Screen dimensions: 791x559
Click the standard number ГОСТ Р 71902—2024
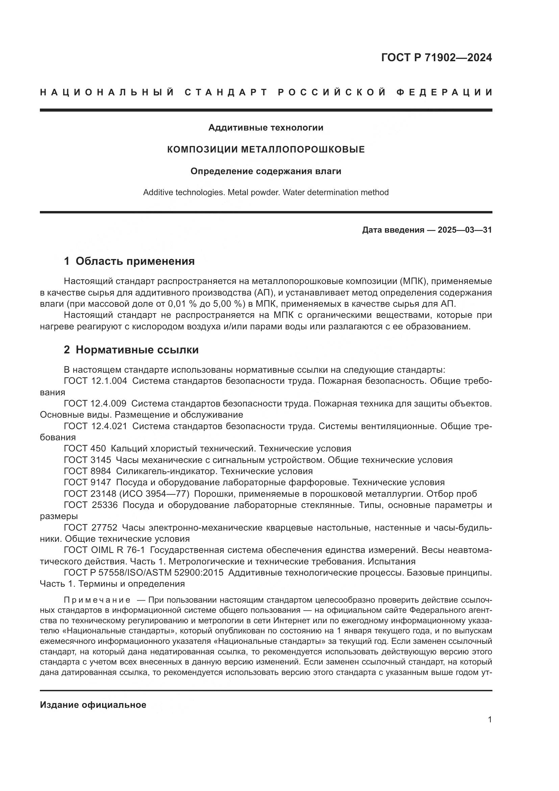point(436,57)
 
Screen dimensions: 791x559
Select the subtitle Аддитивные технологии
point(266,128)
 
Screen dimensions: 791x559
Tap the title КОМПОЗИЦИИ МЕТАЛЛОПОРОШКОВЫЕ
point(266,149)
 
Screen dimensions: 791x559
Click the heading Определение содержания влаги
point(266,171)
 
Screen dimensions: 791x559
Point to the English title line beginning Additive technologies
point(266,192)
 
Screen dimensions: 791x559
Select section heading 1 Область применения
point(129,261)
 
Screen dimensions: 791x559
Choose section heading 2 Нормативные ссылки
point(131,350)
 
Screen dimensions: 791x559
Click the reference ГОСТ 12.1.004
point(95,381)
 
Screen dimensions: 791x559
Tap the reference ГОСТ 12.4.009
point(95,403)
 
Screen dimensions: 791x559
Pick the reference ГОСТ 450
point(85,448)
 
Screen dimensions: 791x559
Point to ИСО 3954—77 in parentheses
point(154,494)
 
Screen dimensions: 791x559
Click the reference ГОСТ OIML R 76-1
point(104,550)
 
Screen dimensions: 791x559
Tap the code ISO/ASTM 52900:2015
point(175,573)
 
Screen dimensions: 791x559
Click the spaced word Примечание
point(97,600)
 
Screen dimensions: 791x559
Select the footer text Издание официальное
point(93,705)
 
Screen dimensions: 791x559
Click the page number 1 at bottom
point(490,729)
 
